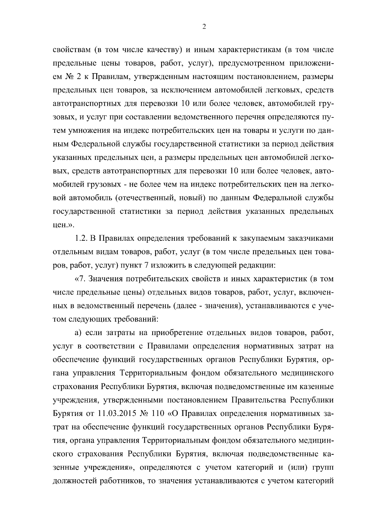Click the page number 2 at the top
click(x=204, y=27)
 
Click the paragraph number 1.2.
click(x=80, y=239)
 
